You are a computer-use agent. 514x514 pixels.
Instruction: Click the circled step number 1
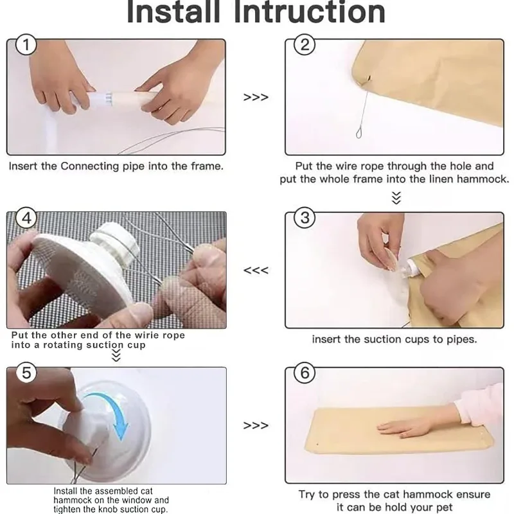(26, 44)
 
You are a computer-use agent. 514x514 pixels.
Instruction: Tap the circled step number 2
(305, 44)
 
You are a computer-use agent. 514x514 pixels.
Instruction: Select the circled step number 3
(305, 218)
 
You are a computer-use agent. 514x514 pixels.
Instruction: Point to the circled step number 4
(26, 218)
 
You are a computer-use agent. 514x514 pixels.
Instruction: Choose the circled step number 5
(26, 373)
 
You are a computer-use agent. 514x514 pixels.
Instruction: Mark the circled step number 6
(305, 373)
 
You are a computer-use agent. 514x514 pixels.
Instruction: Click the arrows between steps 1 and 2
(256, 98)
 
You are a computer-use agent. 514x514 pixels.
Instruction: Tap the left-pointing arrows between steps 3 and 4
(256, 270)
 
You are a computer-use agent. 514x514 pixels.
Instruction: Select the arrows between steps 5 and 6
(256, 425)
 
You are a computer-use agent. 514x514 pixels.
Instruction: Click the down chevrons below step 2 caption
(396, 198)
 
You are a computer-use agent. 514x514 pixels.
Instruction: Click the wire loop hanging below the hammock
(359, 133)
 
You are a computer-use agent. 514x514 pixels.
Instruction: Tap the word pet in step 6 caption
(445, 508)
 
